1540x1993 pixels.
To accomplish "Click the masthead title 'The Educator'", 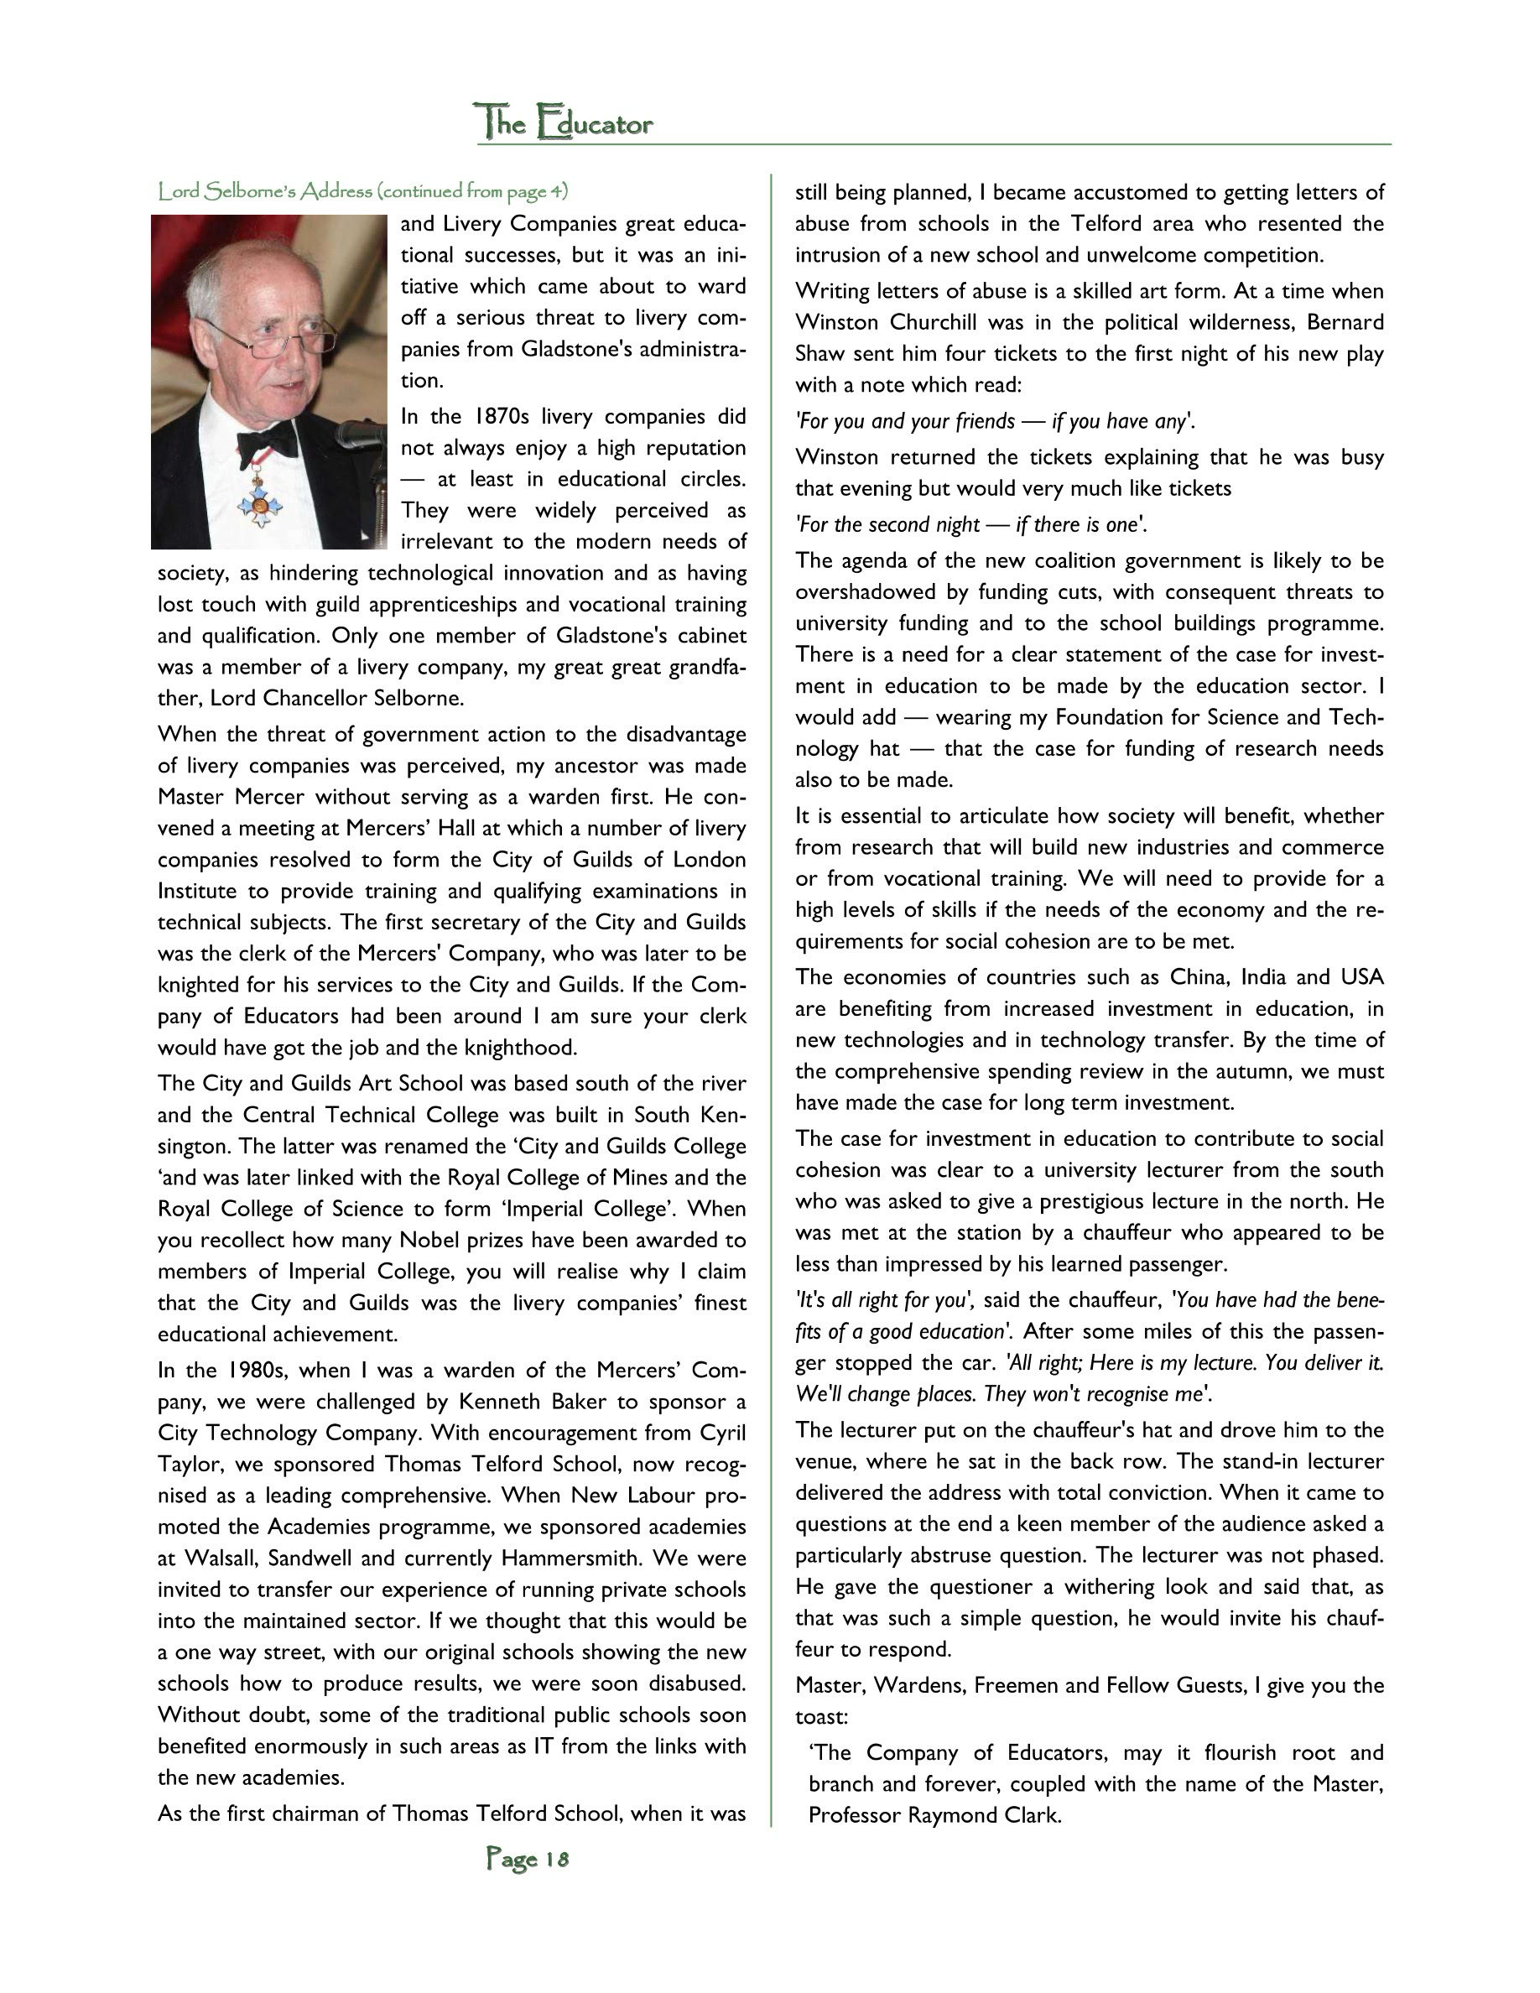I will point(564,122).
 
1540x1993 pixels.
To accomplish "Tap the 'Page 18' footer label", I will point(528,1858).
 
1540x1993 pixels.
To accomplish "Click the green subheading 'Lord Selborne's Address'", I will point(264,191).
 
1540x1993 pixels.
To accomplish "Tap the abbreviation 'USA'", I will point(1361,977).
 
